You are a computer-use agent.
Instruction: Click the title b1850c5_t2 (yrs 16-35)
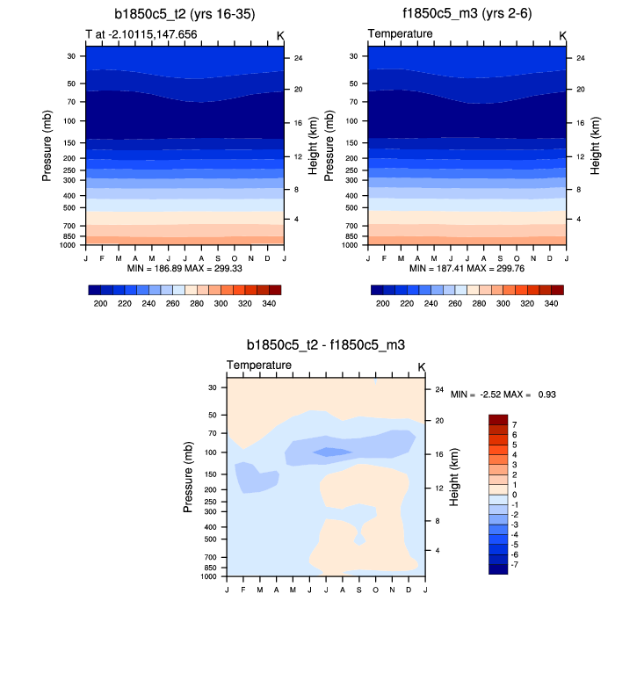185,15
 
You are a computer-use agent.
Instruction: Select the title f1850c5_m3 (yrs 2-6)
467,15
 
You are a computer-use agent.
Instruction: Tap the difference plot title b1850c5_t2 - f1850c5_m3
325,345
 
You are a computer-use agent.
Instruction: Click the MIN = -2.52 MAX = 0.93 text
503,395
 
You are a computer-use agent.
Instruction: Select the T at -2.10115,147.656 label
141,34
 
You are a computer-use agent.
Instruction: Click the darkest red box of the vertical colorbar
498,419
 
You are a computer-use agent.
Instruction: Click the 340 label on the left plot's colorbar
270,303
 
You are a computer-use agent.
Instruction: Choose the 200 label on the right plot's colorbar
382,303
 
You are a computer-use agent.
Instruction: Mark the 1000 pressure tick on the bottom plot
208,577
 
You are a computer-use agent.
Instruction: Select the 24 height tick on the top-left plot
299,58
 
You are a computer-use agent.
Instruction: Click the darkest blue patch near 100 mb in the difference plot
333,452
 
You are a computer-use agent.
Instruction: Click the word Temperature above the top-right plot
400,34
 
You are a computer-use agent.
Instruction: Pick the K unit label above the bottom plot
421,366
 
